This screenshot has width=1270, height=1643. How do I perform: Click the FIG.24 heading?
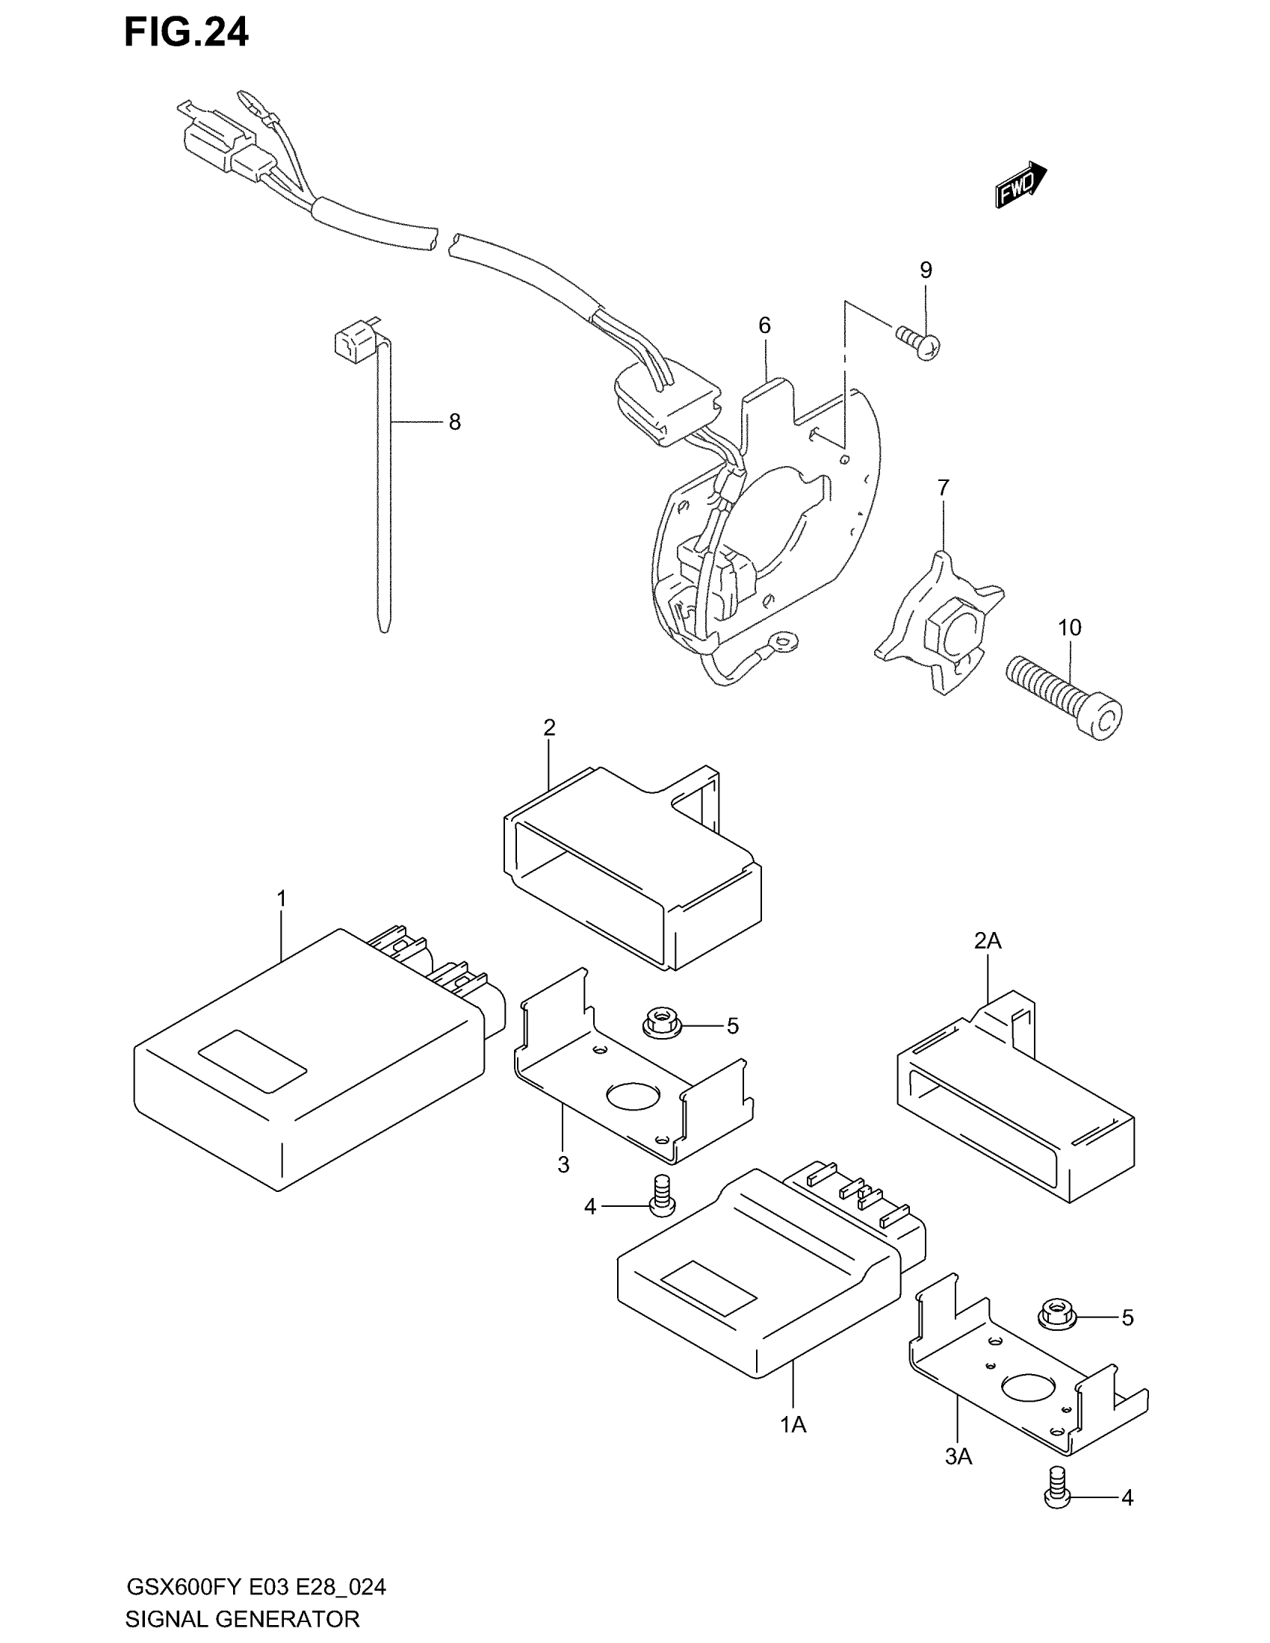pos(186,33)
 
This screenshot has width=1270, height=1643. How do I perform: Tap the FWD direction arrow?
pos(1020,185)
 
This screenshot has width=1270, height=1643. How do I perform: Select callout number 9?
pos(926,270)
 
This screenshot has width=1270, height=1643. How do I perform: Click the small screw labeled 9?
pos(920,342)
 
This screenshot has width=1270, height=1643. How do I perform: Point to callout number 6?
pos(764,326)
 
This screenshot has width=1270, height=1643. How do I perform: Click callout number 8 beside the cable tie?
pos(454,423)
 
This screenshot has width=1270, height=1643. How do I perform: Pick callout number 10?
pos(1069,627)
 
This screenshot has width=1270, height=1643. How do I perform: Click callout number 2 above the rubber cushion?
pos(549,727)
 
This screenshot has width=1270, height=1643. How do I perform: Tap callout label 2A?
pos(987,940)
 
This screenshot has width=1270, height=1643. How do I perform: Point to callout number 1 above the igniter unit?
pos(282,898)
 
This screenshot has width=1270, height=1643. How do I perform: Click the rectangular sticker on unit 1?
pos(252,1060)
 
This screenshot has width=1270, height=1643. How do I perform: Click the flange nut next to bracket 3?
pos(662,1024)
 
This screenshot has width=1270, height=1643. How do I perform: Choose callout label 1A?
pos(793,1425)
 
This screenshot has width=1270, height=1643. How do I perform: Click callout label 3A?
pos(958,1457)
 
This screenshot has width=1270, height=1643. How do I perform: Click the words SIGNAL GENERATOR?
pos(242,1618)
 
